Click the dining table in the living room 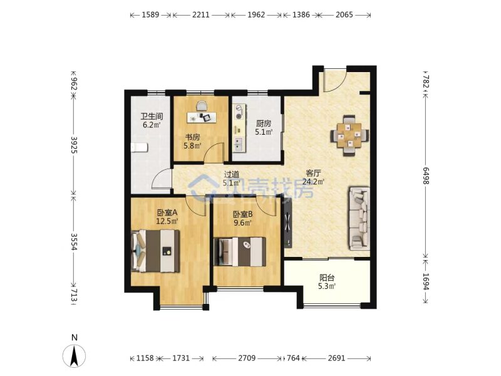(349, 135)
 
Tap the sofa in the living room (359, 218)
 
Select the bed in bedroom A (155, 251)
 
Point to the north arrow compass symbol (74, 356)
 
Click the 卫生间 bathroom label (152, 116)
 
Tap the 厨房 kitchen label (264, 123)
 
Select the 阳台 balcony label (327, 278)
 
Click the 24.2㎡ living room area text (314, 182)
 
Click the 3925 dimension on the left (74, 145)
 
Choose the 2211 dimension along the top (200, 14)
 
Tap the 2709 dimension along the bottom (247, 358)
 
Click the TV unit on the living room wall (288, 223)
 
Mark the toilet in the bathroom (139, 148)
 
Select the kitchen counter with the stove (239, 128)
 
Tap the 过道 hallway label (232, 175)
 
